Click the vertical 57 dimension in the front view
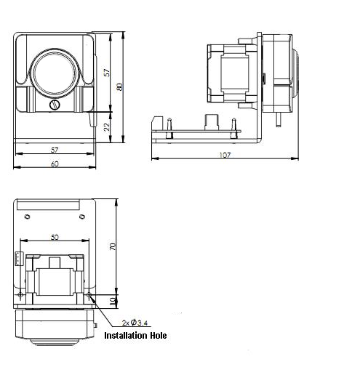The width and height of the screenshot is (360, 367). pos(108,73)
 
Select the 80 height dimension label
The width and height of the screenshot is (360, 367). pos(120,86)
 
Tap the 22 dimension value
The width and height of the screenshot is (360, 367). pos(108,126)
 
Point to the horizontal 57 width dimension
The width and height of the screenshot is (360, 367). pos(55,149)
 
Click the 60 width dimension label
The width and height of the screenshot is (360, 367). pos(55,164)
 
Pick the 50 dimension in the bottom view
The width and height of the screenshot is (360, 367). pos(55,238)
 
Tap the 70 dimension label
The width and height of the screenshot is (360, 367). pos(112,247)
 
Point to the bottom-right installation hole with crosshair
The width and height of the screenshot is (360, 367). pos(89,296)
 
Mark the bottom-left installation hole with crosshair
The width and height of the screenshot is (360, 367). pos(20,295)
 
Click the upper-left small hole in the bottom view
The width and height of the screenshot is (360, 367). pos(28,216)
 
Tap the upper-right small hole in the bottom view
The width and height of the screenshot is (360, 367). pos(82,216)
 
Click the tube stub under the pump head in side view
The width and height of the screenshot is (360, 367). pos(279,116)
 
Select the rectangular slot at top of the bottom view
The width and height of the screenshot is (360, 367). pos(48,205)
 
